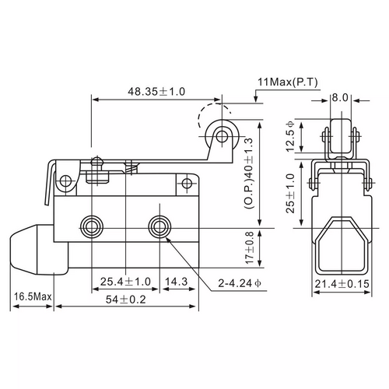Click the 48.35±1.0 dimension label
pyautogui.click(x=156, y=92)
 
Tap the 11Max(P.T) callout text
pyautogui.click(x=288, y=82)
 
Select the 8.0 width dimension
pyautogui.click(x=340, y=98)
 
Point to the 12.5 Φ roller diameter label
pyautogui.click(x=290, y=136)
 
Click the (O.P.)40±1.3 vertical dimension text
pyautogui.click(x=248, y=173)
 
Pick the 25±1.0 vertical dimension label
pyautogui.click(x=290, y=193)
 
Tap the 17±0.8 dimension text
pyautogui.click(x=249, y=248)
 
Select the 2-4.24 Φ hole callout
pyautogui.click(x=240, y=283)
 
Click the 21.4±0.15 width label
pyautogui.click(x=342, y=284)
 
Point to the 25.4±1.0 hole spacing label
pyautogui.click(x=125, y=282)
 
